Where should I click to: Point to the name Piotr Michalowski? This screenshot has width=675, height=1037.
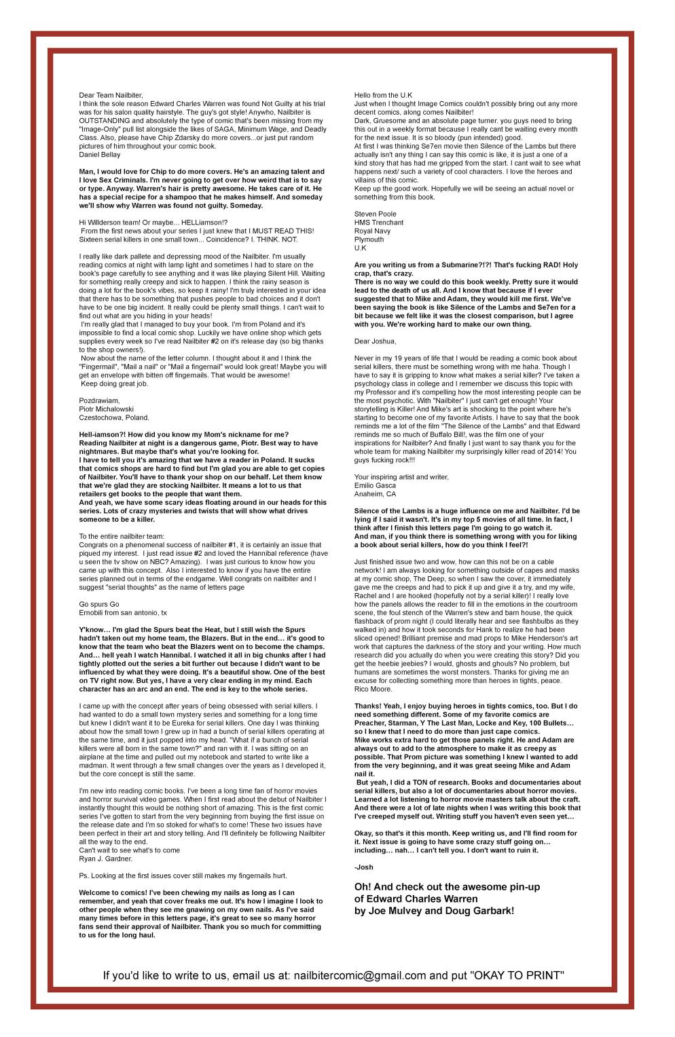(x=106, y=409)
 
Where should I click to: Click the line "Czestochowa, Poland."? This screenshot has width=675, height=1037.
(x=114, y=417)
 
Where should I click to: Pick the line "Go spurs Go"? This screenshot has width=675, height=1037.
(x=98, y=604)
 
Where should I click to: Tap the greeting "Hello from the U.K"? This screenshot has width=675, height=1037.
(x=384, y=94)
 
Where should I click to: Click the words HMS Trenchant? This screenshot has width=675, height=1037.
(x=379, y=223)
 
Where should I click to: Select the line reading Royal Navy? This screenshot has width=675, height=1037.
(x=372, y=231)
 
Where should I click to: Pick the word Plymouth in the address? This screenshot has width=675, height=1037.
(x=369, y=240)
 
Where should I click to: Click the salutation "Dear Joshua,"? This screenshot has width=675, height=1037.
(x=375, y=341)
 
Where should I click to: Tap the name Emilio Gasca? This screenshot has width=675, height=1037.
(x=375, y=485)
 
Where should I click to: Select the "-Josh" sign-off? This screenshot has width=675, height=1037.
(x=363, y=867)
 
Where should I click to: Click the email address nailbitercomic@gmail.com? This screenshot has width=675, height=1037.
(x=360, y=976)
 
